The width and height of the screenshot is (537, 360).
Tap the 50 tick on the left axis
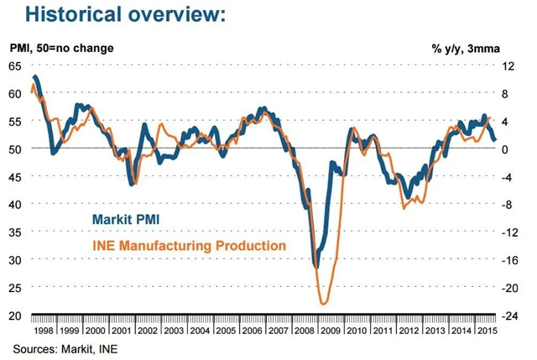(x=16, y=149)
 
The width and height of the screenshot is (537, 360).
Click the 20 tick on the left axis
(x=16, y=315)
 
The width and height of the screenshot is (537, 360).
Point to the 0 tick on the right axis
(x=504, y=149)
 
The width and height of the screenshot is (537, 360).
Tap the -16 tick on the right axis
(x=508, y=259)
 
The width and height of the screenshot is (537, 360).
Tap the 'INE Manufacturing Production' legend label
(x=189, y=245)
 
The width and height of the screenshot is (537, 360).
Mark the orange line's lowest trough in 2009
(x=323, y=304)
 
